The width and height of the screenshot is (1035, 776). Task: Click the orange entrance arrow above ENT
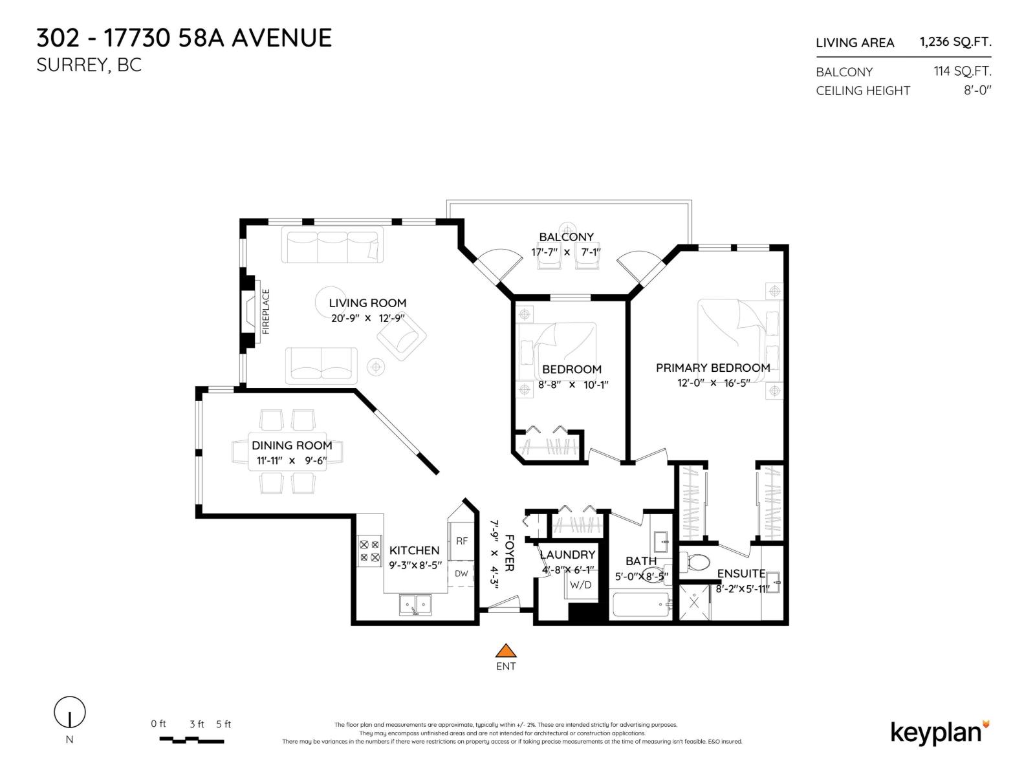click(x=506, y=651)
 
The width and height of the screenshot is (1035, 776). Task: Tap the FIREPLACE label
click(x=266, y=312)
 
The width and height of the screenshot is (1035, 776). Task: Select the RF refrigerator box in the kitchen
click(x=462, y=541)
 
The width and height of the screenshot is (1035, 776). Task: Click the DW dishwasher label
click(x=461, y=574)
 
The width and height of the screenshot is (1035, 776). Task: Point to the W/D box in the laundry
click(x=580, y=585)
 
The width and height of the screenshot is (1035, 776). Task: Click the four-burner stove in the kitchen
click(x=370, y=551)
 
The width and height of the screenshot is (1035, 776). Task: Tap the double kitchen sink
click(x=415, y=605)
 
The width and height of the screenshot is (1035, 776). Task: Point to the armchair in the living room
click(x=401, y=338)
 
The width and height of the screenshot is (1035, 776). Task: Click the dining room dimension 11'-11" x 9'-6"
click(x=292, y=461)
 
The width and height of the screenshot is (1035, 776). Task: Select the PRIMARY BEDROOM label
click(x=713, y=367)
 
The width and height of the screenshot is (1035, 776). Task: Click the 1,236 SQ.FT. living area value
click(x=955, y=42)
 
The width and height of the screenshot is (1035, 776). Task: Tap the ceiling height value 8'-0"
click(x=977, y=91)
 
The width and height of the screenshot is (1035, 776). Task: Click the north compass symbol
click(x=69, y=713)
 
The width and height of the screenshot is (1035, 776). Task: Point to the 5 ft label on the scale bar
click(x=223, y=724)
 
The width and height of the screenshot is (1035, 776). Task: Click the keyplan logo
click(x=939, y=732)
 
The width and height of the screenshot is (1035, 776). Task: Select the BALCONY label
click(x=566, y=237)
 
